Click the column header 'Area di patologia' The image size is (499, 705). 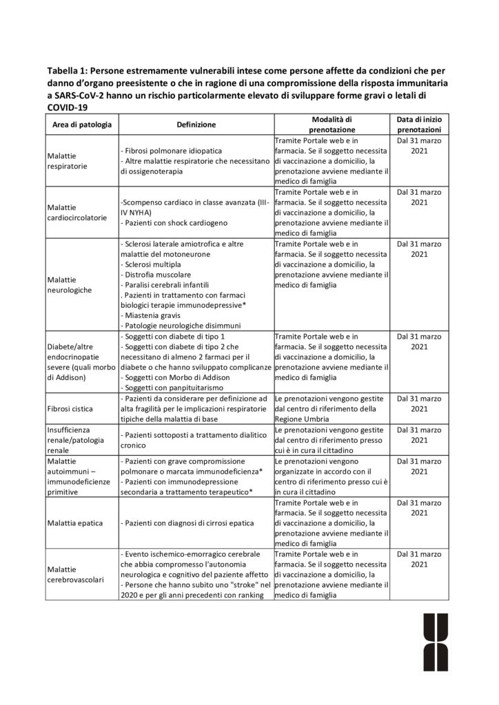(81, 125)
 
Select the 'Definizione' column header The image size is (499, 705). (196, 125)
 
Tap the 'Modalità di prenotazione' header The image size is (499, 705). (332, 124)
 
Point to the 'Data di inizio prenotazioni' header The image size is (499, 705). (419, 124)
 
